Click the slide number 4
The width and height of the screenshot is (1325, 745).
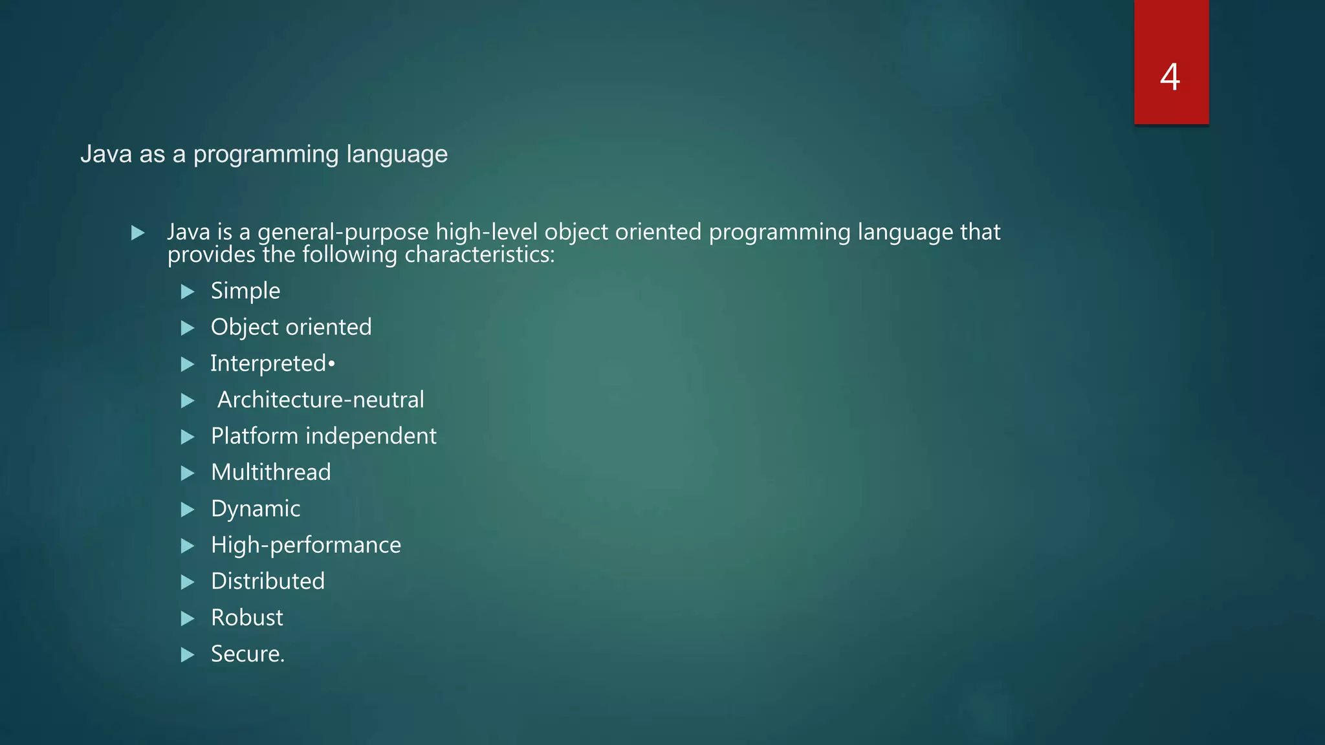[x=1170, y=77]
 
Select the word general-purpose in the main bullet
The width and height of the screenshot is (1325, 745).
[x=343, y=232]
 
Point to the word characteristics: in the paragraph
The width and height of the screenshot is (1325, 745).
[x=479, y=255]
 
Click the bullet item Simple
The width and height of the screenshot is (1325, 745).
[x=245, y=291]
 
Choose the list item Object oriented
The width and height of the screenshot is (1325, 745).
[x=291, y=327]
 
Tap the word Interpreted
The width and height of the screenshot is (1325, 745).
[x=268, y=363]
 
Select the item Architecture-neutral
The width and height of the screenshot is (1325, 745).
[x=320, y=400]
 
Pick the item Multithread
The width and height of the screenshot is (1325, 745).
[x=270, y=472]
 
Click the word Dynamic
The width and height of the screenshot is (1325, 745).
[x=256, y=509]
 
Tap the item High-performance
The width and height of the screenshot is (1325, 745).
[x=305, y=545]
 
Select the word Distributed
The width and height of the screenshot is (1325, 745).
[x=268, y=581]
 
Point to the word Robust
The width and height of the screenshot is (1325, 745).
[x=246, y=618]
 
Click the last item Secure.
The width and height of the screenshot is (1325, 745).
[x=247, y=654]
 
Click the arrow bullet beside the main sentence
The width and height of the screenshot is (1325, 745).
[x=138, y=233]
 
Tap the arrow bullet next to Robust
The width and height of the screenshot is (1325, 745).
[x=188, y=619]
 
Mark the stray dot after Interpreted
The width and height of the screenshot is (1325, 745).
[x=331, y=364]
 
